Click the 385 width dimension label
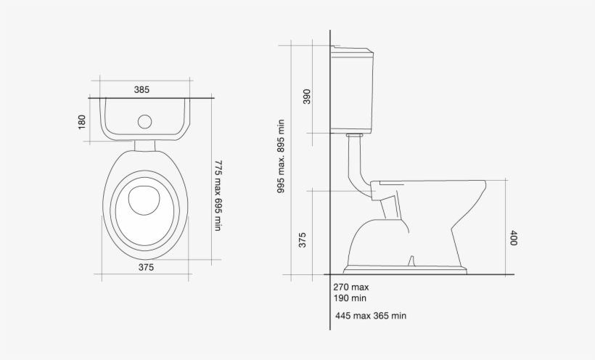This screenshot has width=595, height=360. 141,90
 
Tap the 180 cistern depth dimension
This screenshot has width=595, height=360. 81,122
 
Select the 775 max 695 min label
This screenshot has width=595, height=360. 217,195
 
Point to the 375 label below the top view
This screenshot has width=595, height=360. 146,267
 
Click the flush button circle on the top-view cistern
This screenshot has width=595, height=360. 145,122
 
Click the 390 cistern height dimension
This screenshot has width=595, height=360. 306,97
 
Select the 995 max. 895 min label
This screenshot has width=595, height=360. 281,156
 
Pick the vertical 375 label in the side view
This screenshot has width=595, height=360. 303,240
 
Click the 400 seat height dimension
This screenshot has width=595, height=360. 512,238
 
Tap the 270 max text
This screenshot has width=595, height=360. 352,287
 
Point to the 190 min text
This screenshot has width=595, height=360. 350,298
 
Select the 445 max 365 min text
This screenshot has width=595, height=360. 371,316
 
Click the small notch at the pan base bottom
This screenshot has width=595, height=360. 412,261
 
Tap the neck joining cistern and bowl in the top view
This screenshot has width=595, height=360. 145,145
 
